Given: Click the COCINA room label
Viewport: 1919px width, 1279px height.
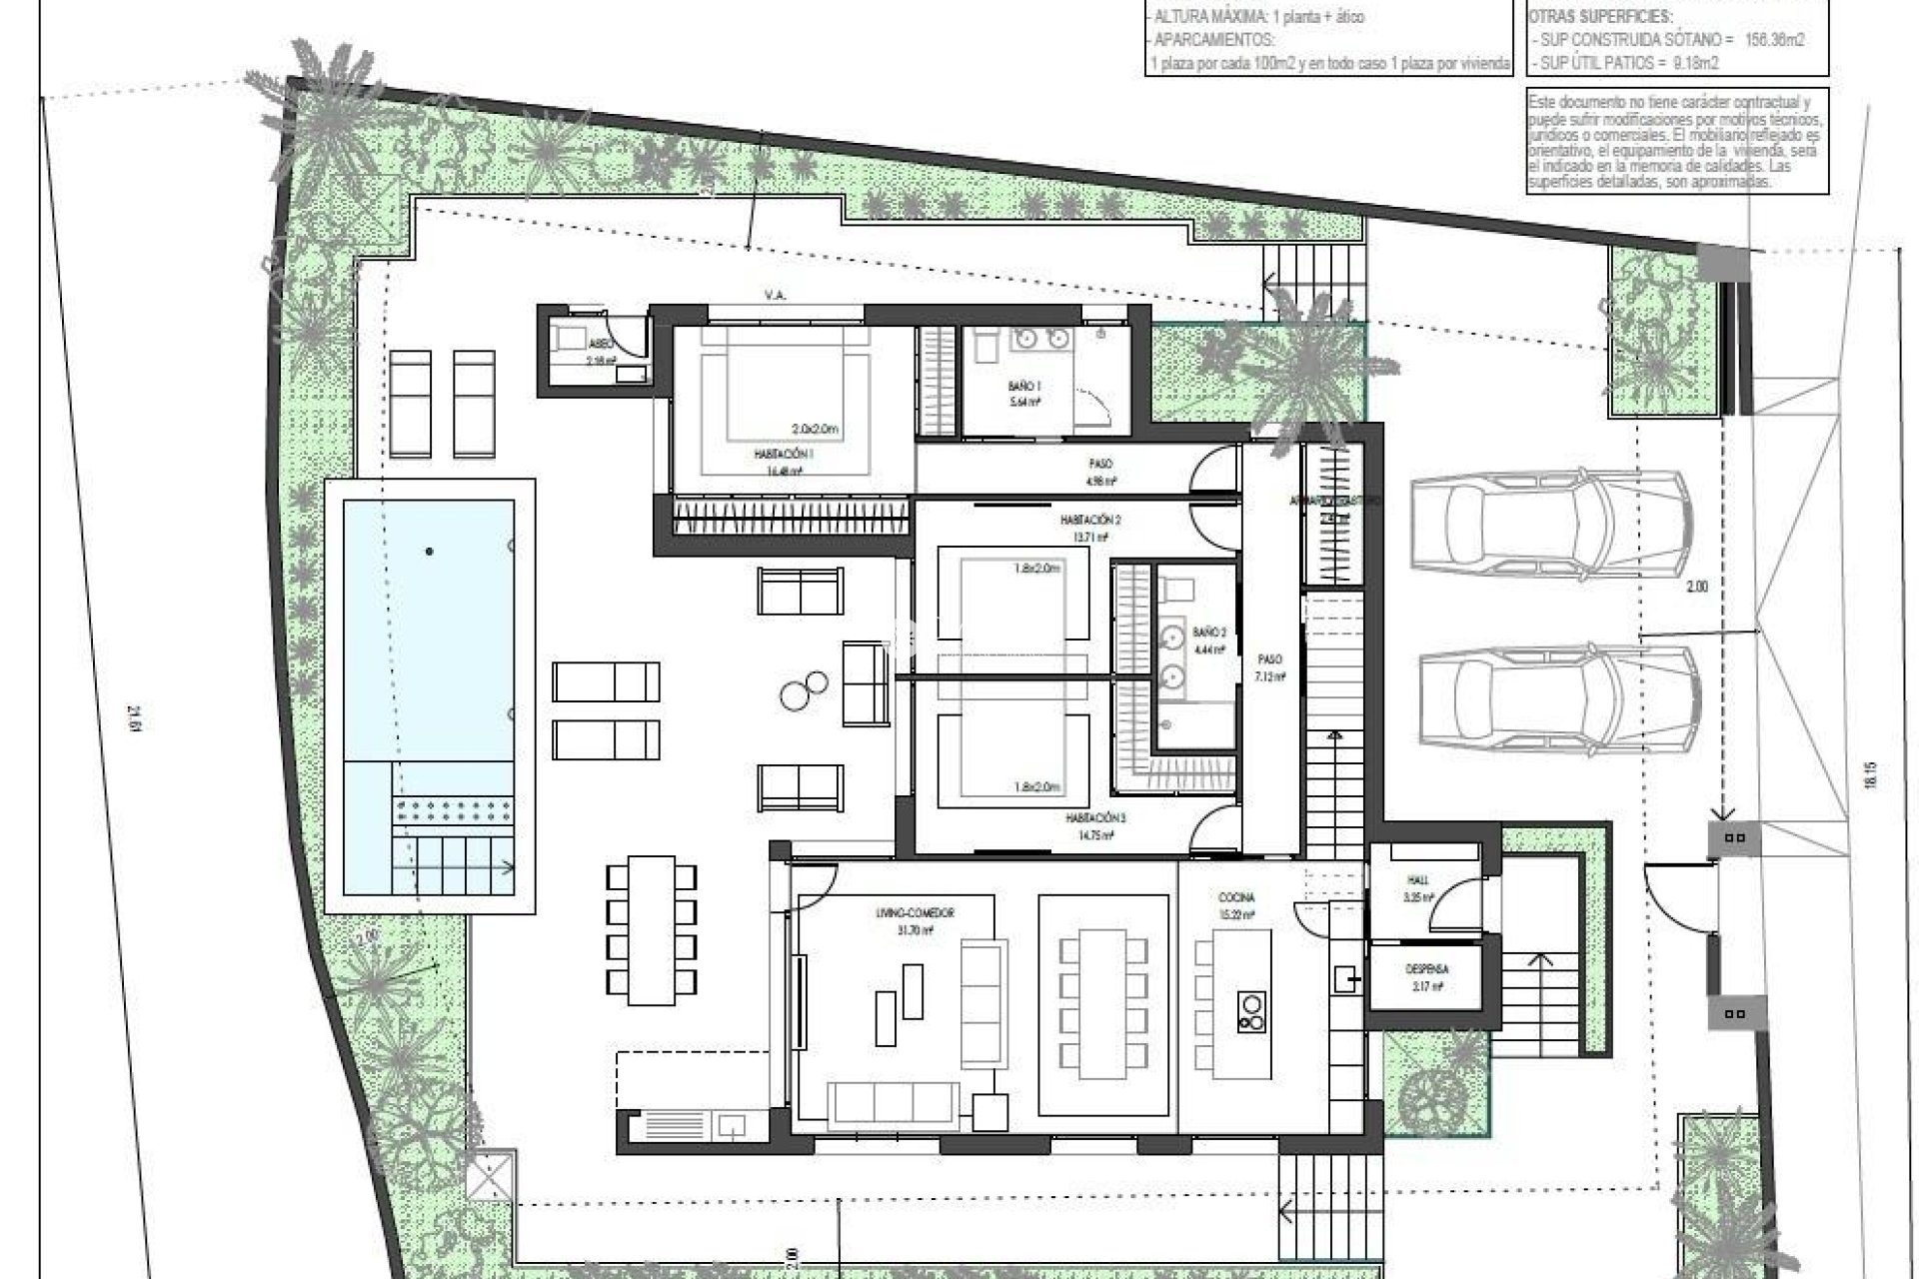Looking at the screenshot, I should click(1236, 898).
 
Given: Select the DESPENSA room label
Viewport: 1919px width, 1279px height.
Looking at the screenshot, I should click(1426, 969).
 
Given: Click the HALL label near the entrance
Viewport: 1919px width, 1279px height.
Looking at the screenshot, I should click(1417, 880).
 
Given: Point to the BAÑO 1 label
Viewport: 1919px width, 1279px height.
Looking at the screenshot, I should click(1024, 386).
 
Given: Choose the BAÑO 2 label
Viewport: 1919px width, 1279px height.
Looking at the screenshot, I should click(1208, 633).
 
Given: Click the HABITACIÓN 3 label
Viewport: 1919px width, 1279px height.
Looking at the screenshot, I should click(1094, 818).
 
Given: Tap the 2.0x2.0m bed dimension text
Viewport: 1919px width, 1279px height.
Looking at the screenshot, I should click(815, 429).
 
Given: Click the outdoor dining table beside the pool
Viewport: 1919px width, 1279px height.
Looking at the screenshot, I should click(651, 929).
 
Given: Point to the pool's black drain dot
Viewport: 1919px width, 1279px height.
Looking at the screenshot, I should click(430, 551).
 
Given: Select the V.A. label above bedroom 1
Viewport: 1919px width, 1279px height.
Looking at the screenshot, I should click(774, 296).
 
